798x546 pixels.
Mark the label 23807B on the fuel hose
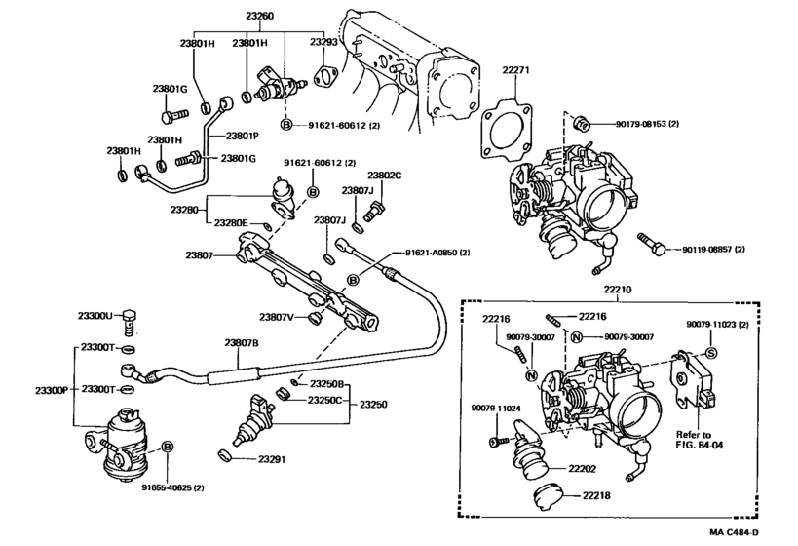click(242, 343)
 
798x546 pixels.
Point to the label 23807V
click(278, 317)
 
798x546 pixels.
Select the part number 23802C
click(384, 175)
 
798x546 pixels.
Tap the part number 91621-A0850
click(437, 253)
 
